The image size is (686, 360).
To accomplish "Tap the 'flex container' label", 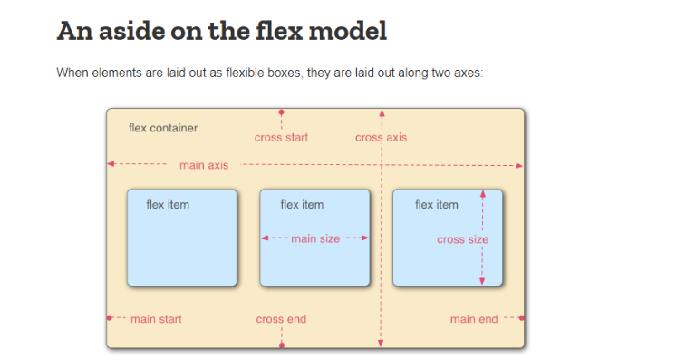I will (x=163, y=128).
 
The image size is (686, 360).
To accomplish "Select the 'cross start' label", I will (x=281, y=138).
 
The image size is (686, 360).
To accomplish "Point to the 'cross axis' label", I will (x=381, y=138).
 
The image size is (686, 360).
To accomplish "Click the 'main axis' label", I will (x=204, y=165).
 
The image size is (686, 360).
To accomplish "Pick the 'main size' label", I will (x=315, y=238).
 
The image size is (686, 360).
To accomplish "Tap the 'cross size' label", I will (x=462, y=239).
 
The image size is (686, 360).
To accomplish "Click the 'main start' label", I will (x=156, y=319).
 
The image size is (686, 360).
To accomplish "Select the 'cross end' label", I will (x=281, y=319).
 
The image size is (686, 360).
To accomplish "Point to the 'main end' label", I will (x=474, y=319).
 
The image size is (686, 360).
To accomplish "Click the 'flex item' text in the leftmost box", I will (x=168, y=205).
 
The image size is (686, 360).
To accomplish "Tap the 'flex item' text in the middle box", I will (x=302, y=205).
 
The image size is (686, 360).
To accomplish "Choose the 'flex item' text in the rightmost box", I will (x=437, y=205).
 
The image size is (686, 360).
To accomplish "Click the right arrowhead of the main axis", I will (x=519, y=166).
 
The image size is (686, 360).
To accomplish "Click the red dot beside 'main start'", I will (x=110, y=318).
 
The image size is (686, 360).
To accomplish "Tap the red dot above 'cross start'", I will (x=281, y=112).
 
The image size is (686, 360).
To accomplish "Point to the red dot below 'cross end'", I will (x=282, y=345).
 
